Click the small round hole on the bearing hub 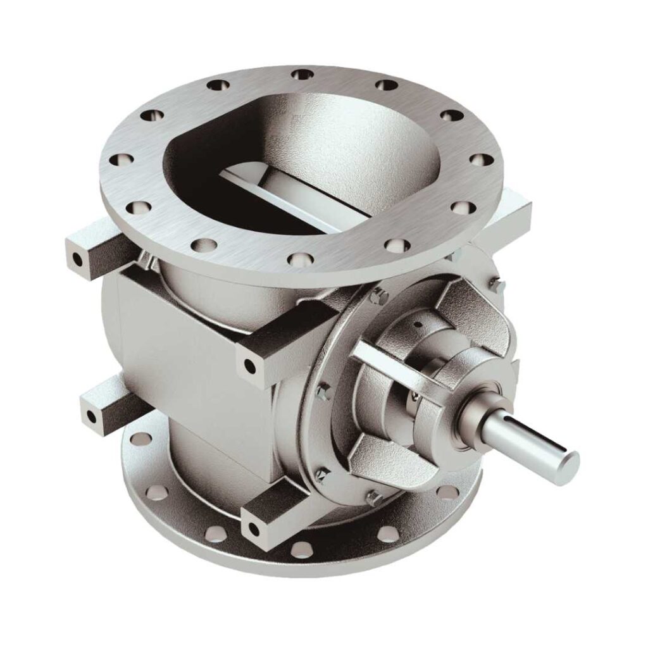pos(417,325)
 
